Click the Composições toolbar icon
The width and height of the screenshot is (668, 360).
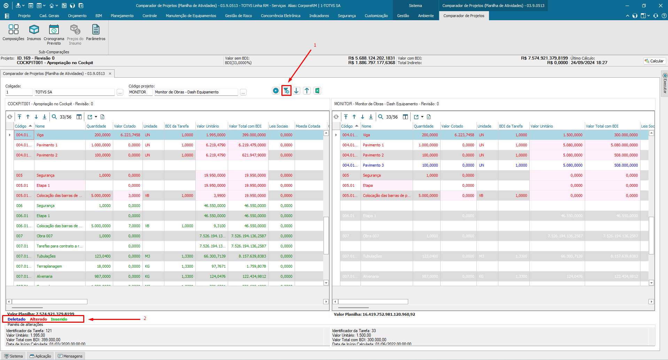coord(13,30)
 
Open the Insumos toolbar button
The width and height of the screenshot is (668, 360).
coord(34,30)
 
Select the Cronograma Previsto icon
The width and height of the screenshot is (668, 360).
coord(54,30)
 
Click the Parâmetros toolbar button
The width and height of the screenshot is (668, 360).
coord(95,30)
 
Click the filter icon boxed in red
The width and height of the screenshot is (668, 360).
coord(286,91)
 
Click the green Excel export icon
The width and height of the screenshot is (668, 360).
coord(317,91)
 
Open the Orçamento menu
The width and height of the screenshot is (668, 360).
coord(77,16)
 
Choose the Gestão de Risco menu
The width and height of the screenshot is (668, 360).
coord(238,16)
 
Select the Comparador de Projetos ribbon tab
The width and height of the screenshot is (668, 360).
coord(464,16)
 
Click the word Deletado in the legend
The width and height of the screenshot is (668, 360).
coord(16,319)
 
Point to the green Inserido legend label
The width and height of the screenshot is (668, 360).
coord(59,319)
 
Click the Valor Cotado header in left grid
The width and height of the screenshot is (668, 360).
coord(125,126)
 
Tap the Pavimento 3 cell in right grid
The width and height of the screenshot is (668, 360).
coord(373,165)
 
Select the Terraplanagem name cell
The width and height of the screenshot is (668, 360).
coord(49,266)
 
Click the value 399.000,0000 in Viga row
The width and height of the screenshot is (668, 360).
coord(254,135)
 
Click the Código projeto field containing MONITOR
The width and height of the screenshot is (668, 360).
coord(140,92)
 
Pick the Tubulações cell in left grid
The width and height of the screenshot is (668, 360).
coord(46,256)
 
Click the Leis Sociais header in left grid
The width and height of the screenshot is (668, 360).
coord(278,126)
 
